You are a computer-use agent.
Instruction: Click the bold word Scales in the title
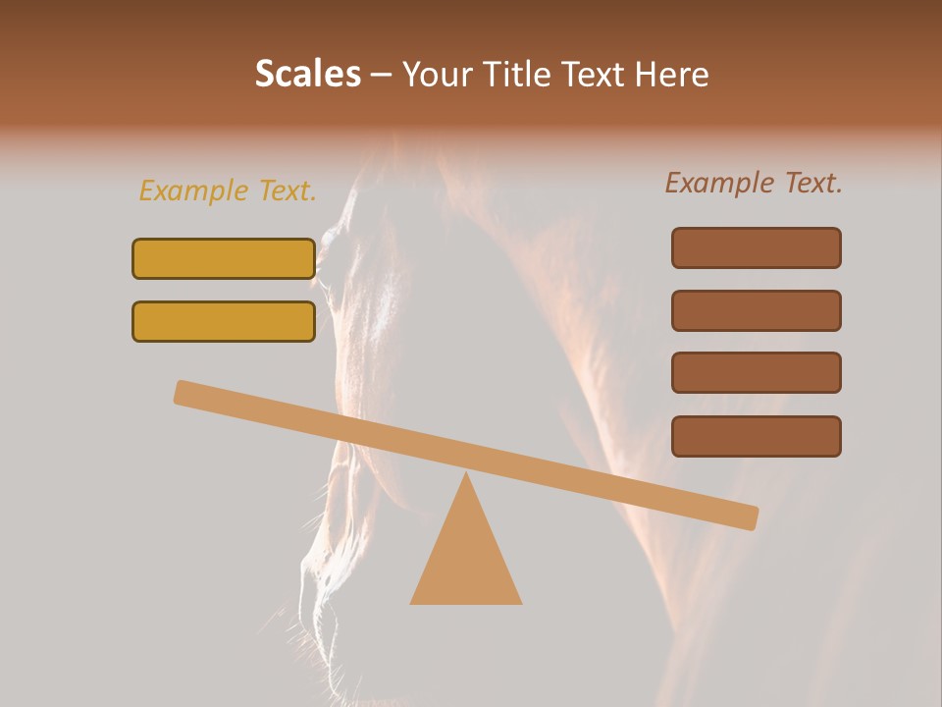[307, 74]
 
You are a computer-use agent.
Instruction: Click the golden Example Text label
[228, 190]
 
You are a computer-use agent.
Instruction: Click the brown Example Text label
[754, 183]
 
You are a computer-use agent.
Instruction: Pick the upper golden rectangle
[224, 258]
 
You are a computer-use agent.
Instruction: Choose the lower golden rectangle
[224, 321]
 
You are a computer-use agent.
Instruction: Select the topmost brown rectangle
[756, 247]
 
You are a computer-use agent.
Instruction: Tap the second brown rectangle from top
[756, 310]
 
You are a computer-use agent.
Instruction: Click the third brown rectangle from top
[756, 372]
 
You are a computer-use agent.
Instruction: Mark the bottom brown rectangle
[756, 436]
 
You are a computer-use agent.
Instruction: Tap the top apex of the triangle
[466, 475]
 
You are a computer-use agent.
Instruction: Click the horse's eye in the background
[332, 239]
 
